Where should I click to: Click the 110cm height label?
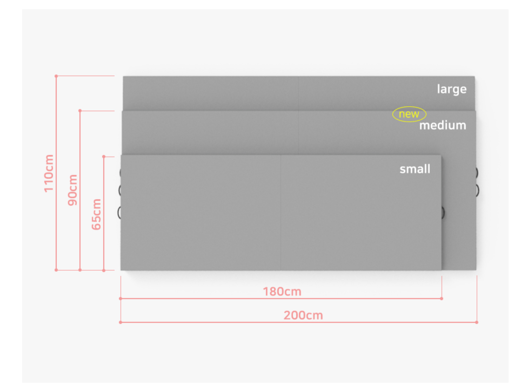(49, 173)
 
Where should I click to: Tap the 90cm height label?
(72, 190)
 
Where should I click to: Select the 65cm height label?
(96, 214)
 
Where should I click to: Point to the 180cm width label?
(282, 292)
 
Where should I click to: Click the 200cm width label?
(303, 315)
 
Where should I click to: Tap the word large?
(452, 89)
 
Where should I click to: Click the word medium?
(443, 126)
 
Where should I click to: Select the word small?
(415, 169)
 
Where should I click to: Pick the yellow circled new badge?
(409, 114)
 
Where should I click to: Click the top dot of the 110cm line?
(56, 76)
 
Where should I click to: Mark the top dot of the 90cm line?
(80, 111)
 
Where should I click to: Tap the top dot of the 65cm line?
(104, 157)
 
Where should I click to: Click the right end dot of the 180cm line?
(442, 299)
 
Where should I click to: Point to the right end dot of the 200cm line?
(477, 322)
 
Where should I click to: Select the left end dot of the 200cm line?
(121, 322)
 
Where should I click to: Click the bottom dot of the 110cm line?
(56, 270)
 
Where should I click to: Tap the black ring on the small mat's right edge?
(443, 213)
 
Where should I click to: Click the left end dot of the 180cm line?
(121, 299)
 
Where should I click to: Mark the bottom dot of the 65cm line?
(104, 270)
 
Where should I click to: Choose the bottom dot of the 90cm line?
(80, 270)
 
